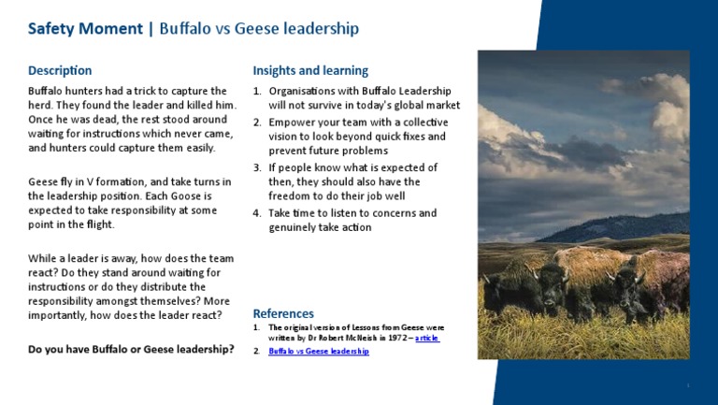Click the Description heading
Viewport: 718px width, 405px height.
(60, 70)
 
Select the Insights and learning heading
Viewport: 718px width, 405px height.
(310, 70)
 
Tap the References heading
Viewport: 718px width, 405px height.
(283, 313)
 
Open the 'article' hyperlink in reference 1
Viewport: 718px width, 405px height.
(426, 337)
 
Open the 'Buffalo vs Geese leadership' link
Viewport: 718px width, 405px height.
(319, 351)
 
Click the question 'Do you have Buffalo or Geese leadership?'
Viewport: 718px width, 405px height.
(131, 350)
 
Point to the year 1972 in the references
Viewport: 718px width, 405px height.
(396, 337)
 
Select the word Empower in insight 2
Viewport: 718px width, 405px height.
(292, 122)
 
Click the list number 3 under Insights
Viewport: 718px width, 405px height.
(257, 167)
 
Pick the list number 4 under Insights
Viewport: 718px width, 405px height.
(257, 213)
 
